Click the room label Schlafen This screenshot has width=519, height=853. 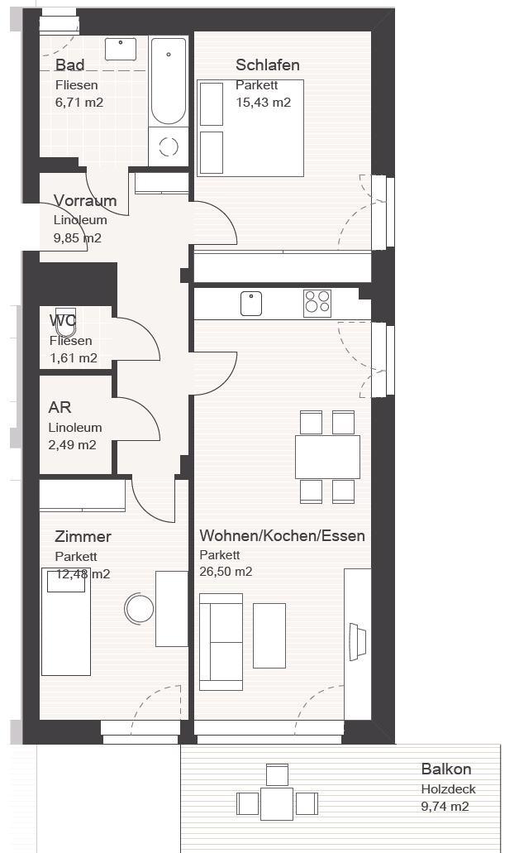(268, 65)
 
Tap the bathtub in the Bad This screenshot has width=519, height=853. (169, 81)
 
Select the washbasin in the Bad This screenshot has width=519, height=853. (120, 49)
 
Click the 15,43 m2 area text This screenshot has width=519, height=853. (263, 103)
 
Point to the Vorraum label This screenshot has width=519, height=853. (85, 200)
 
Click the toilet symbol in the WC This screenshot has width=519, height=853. (66, 325)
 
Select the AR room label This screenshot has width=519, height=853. (60, 407)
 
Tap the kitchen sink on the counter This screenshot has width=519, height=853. (251, 304)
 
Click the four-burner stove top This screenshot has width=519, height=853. (317, 303)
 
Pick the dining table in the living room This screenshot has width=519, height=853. (328, 457)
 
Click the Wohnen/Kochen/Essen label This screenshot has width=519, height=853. (282, 535)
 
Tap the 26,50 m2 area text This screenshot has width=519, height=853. (226, 571)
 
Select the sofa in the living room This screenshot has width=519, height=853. (221, 642)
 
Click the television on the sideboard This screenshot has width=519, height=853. (357, 642)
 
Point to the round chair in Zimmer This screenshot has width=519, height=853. (139, 608)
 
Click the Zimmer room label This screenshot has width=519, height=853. (83, 536)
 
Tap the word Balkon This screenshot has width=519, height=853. (446, 769)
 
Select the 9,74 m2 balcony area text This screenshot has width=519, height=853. (445, 806)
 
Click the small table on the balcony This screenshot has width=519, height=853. (277, 803)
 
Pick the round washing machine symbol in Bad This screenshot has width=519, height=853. (168, 146)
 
